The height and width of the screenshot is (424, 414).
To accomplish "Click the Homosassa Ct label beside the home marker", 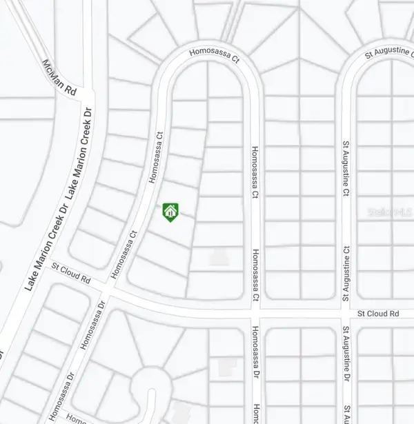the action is point(158,157).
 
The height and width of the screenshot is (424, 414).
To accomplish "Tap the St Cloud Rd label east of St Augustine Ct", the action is point(378,314).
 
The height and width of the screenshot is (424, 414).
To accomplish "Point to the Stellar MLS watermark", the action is point(390,213).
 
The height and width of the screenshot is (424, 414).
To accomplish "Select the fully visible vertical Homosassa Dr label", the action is point(255,356).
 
